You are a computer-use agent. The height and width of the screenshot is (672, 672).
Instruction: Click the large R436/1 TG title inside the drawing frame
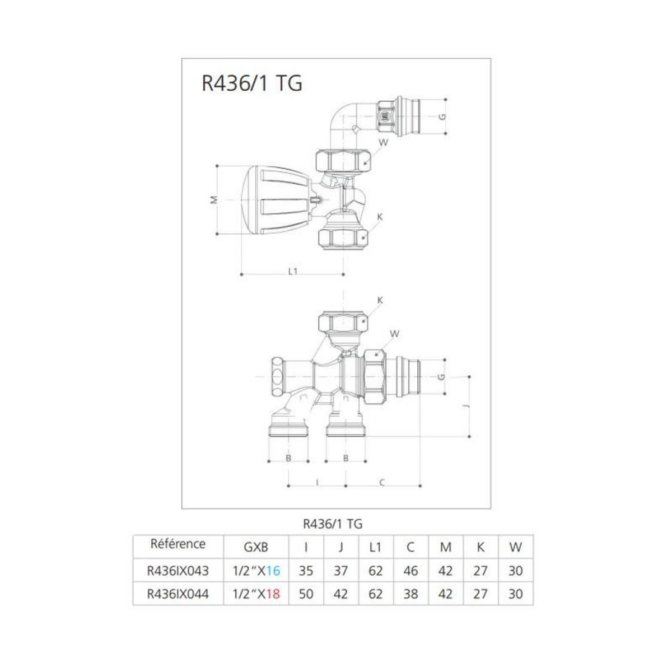click(x=251, y=83)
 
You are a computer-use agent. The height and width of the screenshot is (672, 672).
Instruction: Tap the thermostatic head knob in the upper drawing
click(x=274, y=200)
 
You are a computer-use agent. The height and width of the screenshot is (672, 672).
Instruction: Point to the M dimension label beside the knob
click(x=212, y=200)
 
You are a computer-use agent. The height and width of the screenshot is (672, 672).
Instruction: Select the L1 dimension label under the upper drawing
click(x=292, y=272)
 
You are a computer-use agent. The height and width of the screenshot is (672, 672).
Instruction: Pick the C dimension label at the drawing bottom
click(x=382, y=482)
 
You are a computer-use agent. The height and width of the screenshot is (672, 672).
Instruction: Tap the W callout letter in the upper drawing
click(x=383, y=142)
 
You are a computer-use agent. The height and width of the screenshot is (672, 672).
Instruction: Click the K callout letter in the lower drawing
click(x=380, y=300)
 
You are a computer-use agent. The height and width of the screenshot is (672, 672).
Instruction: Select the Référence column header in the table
click(x=178, y=544)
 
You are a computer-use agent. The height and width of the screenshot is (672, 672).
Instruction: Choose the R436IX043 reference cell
click(x=178, y=571)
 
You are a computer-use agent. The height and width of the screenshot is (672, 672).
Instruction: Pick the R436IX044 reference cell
click(x=178, y=594)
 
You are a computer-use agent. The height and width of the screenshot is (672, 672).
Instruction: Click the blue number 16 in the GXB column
click(x=272, y=571)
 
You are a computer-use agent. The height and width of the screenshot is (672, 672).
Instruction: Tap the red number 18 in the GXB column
click(x=272, y=594)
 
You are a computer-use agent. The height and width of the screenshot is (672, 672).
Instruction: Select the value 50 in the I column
click(x=306, y=594)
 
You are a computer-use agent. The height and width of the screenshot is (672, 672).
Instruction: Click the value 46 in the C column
click(x=410, y=571)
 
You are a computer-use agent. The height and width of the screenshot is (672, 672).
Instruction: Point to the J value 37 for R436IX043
click(x=340, y=571)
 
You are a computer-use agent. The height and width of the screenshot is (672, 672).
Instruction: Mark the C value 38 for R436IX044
click(x=410, y=594)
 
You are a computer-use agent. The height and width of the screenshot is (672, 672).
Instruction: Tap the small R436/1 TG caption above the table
click(x=333, y=524)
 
